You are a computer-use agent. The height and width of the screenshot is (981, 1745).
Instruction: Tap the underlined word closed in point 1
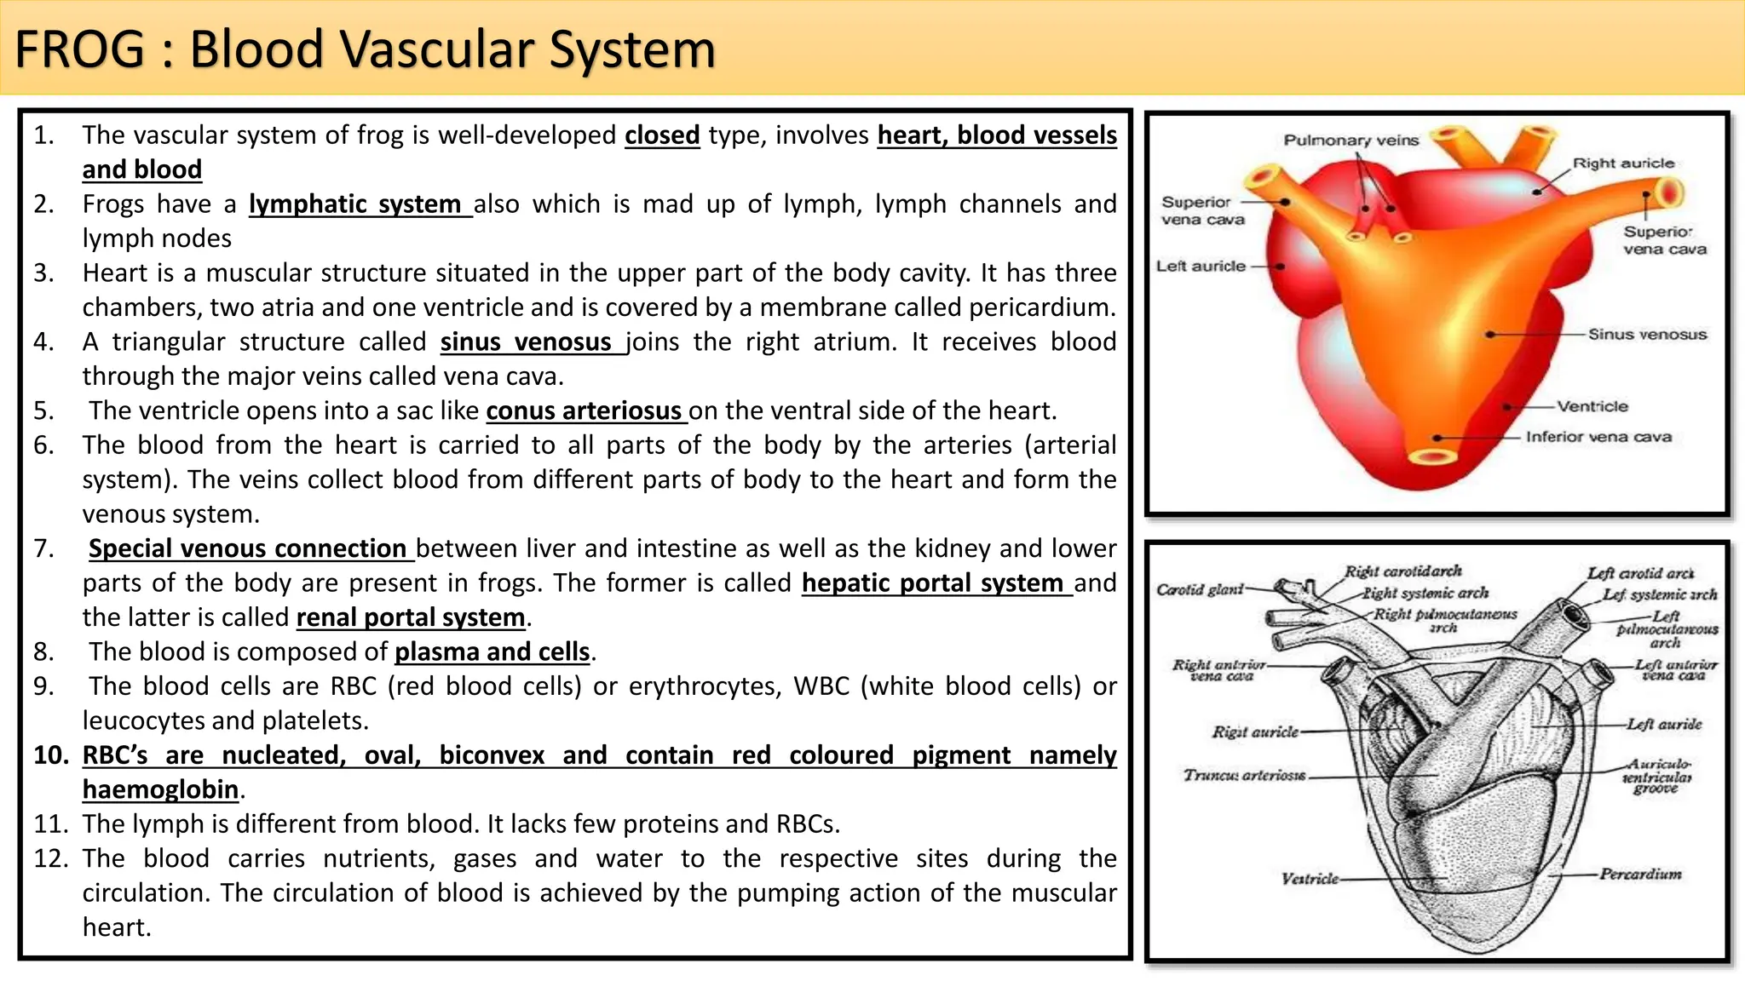point(662,135)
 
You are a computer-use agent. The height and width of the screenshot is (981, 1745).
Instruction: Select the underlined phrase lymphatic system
point(359,204)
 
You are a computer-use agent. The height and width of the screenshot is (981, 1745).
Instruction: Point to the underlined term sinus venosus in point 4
point(532,342)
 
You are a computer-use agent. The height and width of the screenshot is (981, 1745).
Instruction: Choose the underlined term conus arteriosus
point(585,411)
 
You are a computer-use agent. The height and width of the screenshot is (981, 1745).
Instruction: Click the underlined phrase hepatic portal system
point(936,583)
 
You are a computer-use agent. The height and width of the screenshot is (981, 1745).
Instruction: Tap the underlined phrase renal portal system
point(411,617)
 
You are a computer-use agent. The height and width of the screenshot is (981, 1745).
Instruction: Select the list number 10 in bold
point(51,755)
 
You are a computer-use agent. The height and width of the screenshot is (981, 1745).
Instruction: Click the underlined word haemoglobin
point(160,789)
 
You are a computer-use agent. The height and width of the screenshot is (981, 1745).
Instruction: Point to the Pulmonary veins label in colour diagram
point(1351,141)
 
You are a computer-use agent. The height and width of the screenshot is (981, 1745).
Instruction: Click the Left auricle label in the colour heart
point(1201,267)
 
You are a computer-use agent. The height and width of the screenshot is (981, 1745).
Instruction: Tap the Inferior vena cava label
point(1598,437)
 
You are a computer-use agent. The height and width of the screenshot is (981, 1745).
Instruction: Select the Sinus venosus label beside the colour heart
point(1647,335)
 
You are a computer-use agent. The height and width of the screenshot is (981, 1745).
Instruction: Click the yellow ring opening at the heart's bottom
point(1432,456)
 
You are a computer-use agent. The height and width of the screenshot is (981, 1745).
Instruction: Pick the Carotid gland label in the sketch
point(1200,589)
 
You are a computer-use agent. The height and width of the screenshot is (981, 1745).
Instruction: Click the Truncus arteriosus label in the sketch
point(1244,775)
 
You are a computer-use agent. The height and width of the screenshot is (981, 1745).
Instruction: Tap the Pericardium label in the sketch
point(1640,874)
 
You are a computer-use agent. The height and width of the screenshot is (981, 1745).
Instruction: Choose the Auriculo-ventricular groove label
point(1656,776)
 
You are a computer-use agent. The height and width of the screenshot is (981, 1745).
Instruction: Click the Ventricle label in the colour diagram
point(1592,406)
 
